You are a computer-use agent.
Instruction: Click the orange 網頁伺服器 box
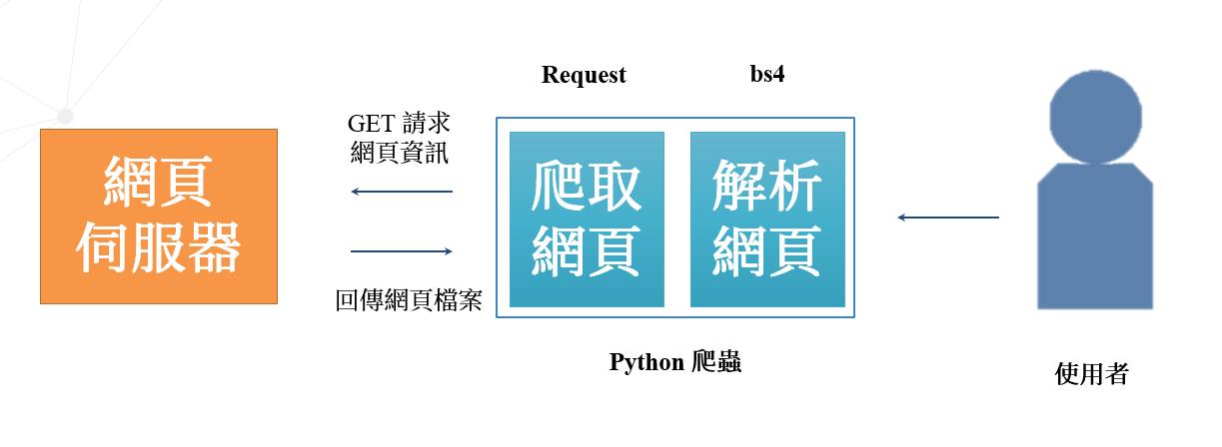click(159, 217)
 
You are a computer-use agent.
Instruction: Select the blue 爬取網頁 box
click(587, 219)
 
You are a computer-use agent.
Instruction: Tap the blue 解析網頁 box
click(767, 219)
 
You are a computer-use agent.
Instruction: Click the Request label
click(584, 75)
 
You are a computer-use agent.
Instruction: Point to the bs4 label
click(767, 74)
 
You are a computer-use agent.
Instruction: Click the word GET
click(371, 124)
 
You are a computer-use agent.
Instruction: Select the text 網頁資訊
click(400, 152)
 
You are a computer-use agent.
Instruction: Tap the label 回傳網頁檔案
click(409, 300)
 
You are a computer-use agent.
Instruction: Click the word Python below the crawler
click(646, 362)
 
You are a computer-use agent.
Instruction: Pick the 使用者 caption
click(1091, 374)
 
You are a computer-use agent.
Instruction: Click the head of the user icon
click(1095, 117)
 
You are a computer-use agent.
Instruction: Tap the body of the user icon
click(1095, 236)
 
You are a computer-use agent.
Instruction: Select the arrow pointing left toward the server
click(402, 192)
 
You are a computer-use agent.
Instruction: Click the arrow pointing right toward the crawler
click(402, 251)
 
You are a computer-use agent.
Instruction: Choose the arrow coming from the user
click(948, 218)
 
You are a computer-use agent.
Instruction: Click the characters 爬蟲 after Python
click(716, 362)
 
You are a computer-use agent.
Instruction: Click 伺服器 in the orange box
click(158, 247)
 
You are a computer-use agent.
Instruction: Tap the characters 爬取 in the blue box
click(587, 187)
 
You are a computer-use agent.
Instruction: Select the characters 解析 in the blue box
click(767, 186)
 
